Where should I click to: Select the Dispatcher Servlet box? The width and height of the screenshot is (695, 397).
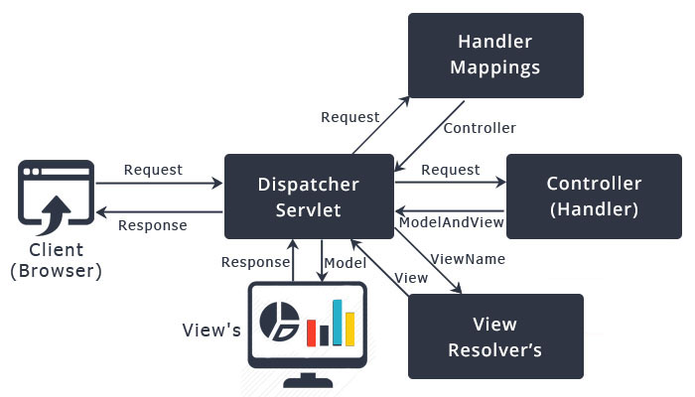(308, 197)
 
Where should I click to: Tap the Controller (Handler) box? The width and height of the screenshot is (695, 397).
(594, 197)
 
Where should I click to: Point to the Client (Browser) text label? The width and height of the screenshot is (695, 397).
(56, 261)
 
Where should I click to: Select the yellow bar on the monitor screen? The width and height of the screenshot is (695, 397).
(350, 330)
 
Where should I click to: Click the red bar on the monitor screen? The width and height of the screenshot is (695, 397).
(311, 332)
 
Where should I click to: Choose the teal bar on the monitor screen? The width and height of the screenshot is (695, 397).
(337, 322)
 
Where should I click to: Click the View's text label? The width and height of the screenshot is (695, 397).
(210, 330)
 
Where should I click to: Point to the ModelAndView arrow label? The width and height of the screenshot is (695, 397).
(451, 223)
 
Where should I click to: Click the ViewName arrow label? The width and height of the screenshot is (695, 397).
(468, 259)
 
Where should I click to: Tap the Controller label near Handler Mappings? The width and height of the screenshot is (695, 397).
(480, 128)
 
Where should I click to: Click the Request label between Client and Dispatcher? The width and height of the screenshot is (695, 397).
(153, 170)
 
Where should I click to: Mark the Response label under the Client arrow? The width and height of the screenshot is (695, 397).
(153, 225)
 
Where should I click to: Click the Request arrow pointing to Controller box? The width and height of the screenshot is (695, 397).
(450, 182)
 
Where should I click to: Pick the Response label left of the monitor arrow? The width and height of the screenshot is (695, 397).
(254, 263)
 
